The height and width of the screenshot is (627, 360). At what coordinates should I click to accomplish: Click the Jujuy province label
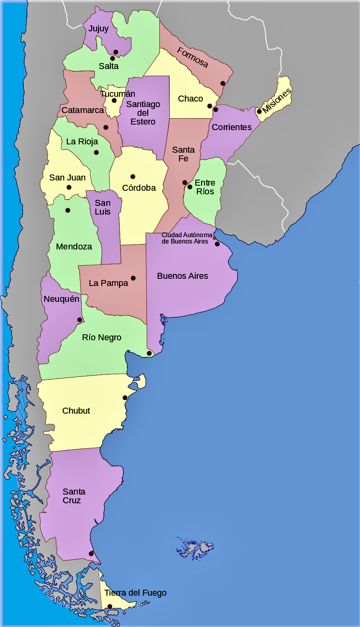[x=98, y=29]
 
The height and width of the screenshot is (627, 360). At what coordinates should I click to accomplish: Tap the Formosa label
[x=193, y=58]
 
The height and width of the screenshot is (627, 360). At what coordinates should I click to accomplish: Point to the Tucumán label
[x=118, y=94]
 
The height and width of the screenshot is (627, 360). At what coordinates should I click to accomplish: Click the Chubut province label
[x=76, y=411]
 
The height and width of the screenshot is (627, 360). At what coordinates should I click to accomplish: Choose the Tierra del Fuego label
[x=135, y=593]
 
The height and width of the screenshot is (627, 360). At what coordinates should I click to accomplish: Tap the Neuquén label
[x=61, y=299]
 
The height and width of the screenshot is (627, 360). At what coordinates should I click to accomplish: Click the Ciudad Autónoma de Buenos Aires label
[x=186, y=238]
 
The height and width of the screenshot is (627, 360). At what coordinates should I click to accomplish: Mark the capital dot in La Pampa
[x=133, y=278]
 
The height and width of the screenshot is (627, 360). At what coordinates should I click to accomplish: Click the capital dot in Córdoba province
[x=133, y=176]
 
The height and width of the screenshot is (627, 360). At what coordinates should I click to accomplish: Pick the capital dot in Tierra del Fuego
[x=110, y=606]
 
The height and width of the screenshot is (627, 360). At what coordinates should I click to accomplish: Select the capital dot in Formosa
[x=223, y=83]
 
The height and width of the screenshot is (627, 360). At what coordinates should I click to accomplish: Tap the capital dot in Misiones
[x=259, y=111]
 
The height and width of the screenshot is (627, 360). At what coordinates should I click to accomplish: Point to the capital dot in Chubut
[x=125, y=398]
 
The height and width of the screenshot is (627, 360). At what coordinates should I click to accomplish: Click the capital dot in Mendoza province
[x=68, y=210]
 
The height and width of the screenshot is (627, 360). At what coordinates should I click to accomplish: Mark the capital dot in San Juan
[x=69, y=187]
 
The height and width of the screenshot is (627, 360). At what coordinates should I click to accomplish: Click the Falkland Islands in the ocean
[x=195, y=549]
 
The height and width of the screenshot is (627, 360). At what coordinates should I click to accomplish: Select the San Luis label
[x=103, y=207]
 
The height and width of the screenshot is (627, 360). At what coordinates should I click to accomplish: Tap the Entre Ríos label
[x=205, y=187]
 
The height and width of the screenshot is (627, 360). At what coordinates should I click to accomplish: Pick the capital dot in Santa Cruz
[x=91, y=554]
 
